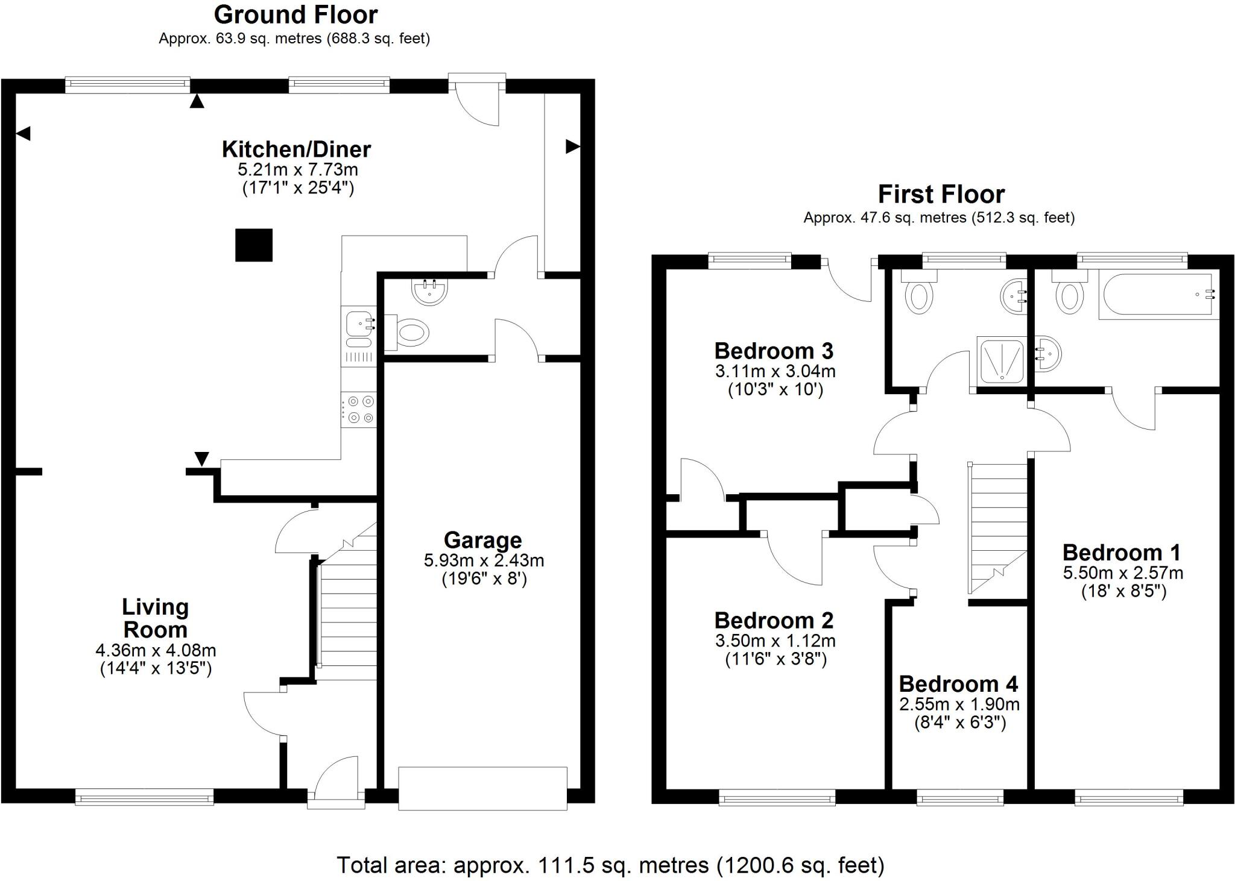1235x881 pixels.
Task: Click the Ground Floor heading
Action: [295, 14]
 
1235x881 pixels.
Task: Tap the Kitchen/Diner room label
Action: [296, 149]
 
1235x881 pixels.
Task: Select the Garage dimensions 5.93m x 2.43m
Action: [484, 560]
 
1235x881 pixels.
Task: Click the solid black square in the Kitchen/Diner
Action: [254, 245]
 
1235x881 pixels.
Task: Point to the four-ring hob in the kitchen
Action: [359, 409]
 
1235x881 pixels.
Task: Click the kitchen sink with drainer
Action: [359, 335]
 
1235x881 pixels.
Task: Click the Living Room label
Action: [156, 618]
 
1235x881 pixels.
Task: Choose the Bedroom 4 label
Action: [958, 684]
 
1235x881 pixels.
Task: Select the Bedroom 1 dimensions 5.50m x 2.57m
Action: [1123, 572]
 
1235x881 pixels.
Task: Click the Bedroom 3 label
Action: [774, 351]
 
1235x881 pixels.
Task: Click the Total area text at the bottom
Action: [610, 865]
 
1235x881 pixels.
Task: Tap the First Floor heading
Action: [941, 195]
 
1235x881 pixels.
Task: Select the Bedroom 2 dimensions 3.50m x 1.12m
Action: [775, 641]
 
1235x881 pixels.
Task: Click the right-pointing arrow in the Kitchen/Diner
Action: [572, 146]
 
